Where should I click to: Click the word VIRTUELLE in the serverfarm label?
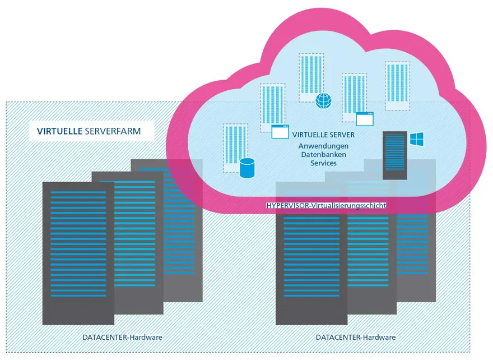(x=59, y=131)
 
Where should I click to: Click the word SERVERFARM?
(x=113, y=131)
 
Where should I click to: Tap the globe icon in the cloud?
(x=323, y=101)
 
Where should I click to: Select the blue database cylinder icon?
(x=247, y=168)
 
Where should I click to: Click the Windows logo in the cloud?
(x=417, y=139)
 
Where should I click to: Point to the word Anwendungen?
(x=323, y=146)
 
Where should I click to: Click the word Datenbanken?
(x=324, y=155)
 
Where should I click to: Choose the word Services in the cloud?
(x=324, y=163)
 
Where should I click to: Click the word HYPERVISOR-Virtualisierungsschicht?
(x=326, y=205)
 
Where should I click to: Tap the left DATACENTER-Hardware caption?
(x=122, y=338)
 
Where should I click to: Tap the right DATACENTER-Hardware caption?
(x=356, y=338)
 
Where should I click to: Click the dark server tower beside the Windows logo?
(x=394, y=155)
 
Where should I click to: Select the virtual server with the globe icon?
(x=311, y=78)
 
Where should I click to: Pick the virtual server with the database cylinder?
(x=235, y=148)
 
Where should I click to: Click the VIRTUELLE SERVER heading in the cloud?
(x=323, y=135)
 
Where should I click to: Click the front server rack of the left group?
(x=78, y=253)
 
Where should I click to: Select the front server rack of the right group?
(x=311, y=253)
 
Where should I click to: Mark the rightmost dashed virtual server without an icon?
(x=397, y=86)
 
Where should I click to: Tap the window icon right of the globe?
(x=365, y=119)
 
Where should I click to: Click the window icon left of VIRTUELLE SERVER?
(x=280, y=132)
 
